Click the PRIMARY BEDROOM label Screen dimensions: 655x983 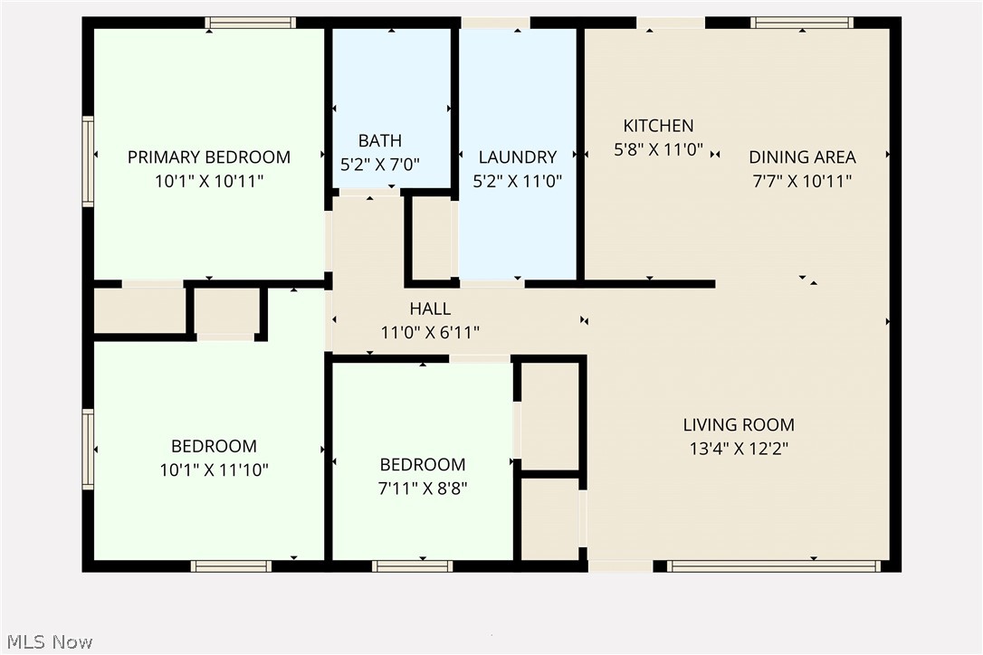click(x=209, y=157)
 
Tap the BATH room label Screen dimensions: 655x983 click(x=380, y=140)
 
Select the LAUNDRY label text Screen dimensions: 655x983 click(x=518, y=157)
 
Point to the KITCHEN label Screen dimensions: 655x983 click(x=658, y=126)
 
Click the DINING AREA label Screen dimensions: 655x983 click(x=802, y=157)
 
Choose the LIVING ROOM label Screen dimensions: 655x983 click(x=739, y=424)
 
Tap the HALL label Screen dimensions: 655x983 click(x=430, y=309)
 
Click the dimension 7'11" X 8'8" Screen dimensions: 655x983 click(x=423, y=489)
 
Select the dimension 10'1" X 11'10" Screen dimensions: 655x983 click(x=214, y=470)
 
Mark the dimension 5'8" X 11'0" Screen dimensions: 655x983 click(x=658, y=150)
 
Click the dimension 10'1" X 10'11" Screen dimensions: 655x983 click(x=209, y=181)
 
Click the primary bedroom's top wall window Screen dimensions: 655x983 click(x=250, y=23)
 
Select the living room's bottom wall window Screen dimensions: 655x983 click(x=774, y=566)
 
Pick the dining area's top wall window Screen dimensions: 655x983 click(x=802, y=23)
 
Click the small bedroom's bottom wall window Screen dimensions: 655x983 click(x=412, y=566)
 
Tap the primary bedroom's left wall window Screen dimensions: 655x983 click(x=89, y=161)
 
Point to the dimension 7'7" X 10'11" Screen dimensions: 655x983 click(x=802, y=181)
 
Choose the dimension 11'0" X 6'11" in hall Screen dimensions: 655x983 click(x=430, y=333)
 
